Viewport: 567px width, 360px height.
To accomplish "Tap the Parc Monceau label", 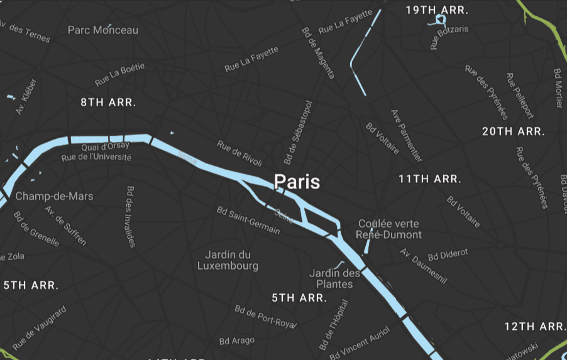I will pos(103,30).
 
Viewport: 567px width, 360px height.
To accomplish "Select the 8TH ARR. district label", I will pos(108,102).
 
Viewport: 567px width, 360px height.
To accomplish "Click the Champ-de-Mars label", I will pos(54,196).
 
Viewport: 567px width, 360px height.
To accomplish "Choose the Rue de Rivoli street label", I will pos(239,154).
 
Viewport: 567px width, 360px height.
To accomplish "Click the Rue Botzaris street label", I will pos(449,37).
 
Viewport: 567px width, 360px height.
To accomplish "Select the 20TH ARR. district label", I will pos(513,131).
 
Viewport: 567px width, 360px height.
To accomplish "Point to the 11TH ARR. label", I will pos(429,179).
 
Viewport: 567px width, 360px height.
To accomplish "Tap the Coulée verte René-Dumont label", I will pos(388,229).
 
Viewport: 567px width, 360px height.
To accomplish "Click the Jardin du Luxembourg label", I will pos(228,260).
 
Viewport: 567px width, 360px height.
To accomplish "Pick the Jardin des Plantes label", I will pos(334,278).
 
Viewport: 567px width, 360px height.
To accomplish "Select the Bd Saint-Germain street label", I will pos(248,219).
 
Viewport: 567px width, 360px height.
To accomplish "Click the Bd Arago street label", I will pos(237,341).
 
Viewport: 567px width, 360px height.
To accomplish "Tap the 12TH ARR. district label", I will pos(535,326).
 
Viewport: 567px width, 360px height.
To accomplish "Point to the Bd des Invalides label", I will pos(131,216).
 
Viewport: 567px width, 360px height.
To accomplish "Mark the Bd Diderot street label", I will pos(448,254).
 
